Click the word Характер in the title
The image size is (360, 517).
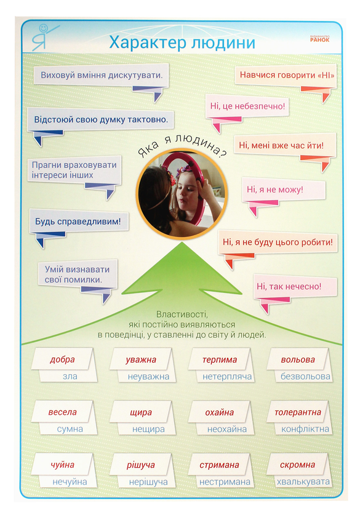coord(148,43)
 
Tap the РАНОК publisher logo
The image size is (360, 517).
coord(319,39)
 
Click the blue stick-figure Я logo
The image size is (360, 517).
coord(44,38)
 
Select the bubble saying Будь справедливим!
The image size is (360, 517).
coord(79,221)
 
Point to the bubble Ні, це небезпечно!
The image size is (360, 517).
coord(247,106)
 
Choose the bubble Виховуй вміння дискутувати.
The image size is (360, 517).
coord(102,75)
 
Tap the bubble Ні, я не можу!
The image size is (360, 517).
coord(284,190)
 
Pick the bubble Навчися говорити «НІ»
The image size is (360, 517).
coord(286,75)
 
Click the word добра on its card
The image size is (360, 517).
coord(62,359)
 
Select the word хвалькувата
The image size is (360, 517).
coord(303,482)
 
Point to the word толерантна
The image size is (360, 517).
coord(298,412)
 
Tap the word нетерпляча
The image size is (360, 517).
coord(227,377)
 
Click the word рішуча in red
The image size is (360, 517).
coord(141,465)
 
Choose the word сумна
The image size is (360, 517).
coord(70,429)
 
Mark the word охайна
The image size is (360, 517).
coord(220,412)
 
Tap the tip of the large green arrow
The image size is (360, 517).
coord(182,242)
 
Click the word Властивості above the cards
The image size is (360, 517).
coord(182,315)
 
